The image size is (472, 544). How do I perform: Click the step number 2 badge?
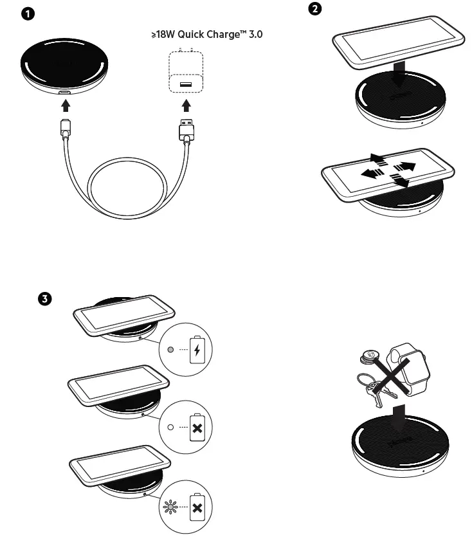(316, 9)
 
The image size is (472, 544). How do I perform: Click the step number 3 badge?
(44, 298)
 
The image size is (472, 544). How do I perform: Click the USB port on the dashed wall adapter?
(185, 84)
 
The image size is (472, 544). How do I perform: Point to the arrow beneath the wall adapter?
(185, 104)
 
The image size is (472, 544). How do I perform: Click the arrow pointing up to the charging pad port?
(64, 104)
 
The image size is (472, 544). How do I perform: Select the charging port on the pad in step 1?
(64, 93)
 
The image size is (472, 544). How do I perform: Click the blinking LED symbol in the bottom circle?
(170, 507)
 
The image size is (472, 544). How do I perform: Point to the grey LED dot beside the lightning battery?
(170, 350)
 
